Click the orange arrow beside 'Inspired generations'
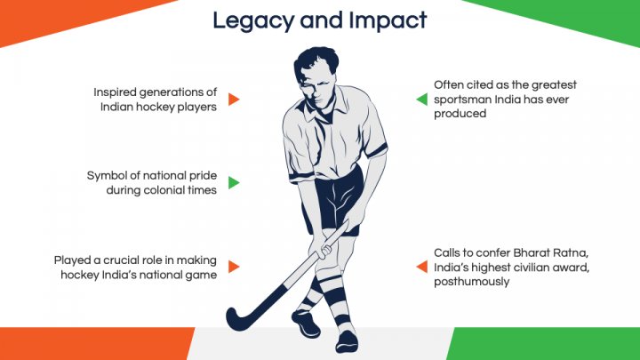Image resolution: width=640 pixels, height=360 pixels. [x=234, y=100]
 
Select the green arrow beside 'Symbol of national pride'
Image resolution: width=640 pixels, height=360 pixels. [x=234, y=182]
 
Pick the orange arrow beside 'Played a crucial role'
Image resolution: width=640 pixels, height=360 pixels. [x=234, y=267]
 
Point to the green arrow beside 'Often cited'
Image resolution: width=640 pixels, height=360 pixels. [x=421, y=100]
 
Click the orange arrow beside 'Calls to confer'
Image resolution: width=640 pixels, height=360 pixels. [x=421, y=267]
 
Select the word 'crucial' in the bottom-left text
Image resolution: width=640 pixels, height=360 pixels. [x=121, y=260]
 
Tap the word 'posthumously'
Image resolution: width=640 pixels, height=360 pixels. [x=471, y=282]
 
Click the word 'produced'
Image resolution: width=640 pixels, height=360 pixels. [x=460, y=114]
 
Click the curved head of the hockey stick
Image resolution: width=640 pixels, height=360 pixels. [x=241, y=317]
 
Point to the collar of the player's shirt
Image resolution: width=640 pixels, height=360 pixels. [x=323, y=108]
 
